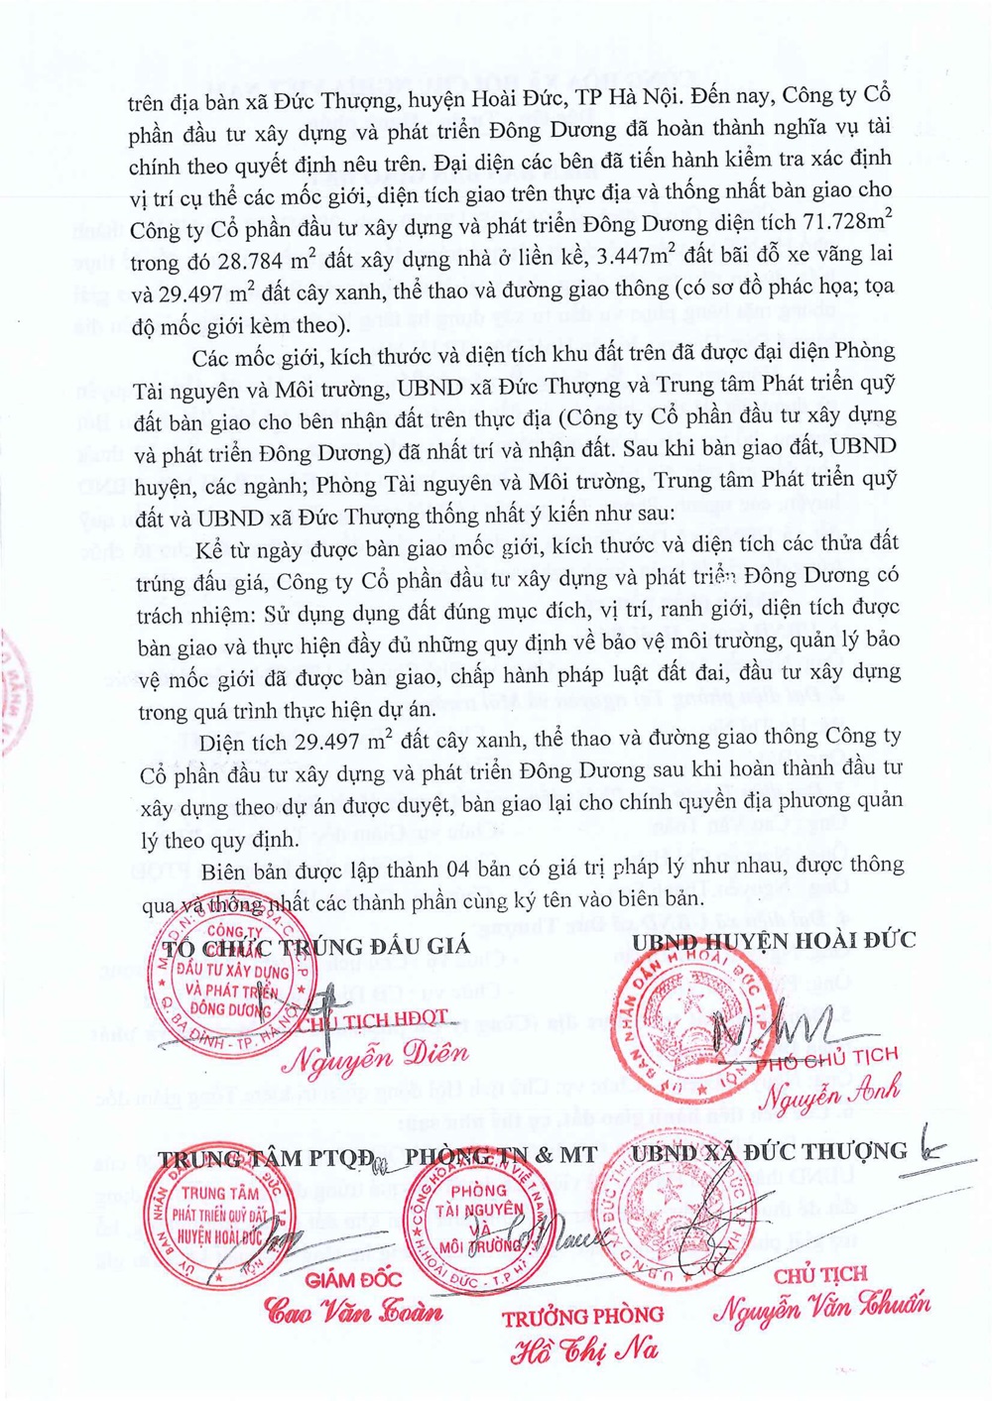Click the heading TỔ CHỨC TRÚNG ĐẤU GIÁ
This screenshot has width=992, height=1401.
[315, 945]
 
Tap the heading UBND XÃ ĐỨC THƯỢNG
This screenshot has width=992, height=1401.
[769, 1151]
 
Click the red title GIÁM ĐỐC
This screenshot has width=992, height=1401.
[350, 1280]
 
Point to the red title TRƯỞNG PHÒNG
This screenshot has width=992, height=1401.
[582, 1317]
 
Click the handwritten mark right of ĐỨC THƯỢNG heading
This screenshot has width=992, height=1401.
[931, 1149]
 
